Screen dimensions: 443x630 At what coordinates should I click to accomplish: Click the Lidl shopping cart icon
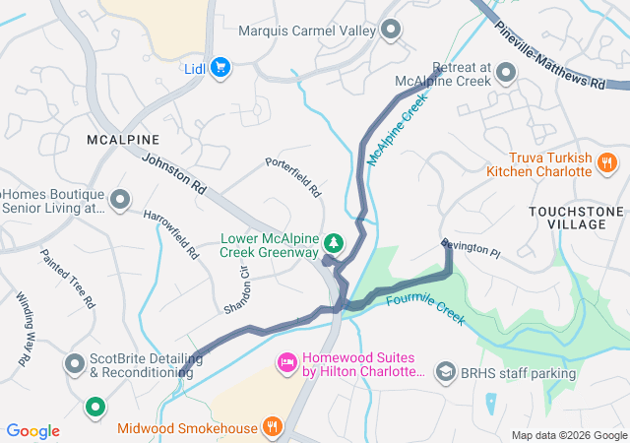(220, 67)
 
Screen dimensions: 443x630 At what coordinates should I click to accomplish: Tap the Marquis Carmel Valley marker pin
(392, 31)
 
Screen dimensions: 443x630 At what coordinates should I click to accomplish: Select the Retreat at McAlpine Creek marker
(507, 72)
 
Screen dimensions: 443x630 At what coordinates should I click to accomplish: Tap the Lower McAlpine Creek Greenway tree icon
(335, 242)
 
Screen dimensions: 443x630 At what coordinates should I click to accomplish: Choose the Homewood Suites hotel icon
(287, 364)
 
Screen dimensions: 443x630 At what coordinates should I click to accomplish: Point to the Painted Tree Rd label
(67, 276)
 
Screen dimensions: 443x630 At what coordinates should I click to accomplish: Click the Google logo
(32, 430)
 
